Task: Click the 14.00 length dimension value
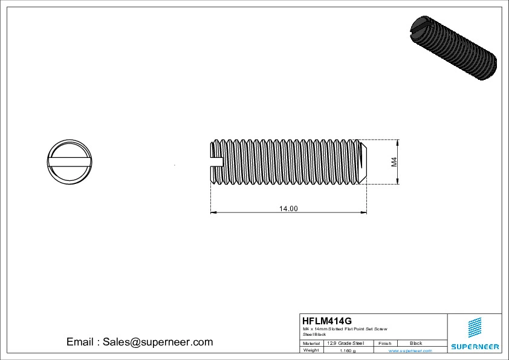[x=288, y=209]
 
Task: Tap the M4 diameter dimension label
[x=394, y=162]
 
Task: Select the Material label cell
[x=311, y=343]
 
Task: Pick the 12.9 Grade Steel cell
[x=345, y=343]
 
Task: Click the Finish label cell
[x=384, y=343]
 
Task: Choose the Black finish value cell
[x=416, y=343]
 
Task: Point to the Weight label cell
[x=311, y=350]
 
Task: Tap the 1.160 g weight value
[x=348, y=350]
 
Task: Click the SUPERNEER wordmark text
[x=475, y=347]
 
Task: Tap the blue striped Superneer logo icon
[x=475, y=327]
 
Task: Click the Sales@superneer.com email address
[x=157, y=342]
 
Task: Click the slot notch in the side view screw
[x=216, y=162]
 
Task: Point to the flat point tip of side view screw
[x=364, y=162]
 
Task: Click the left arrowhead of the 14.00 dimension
[x=213, y=212]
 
